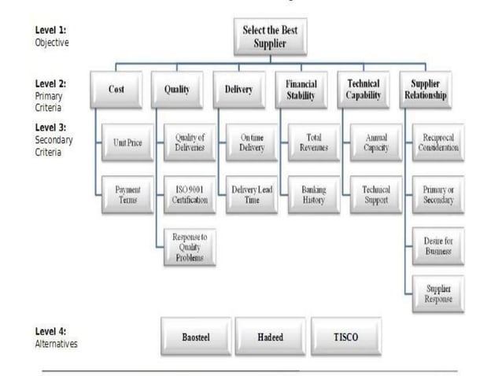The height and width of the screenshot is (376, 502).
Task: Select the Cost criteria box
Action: [x=116, y=90]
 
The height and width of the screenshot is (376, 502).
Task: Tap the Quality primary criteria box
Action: [x=176, y=90]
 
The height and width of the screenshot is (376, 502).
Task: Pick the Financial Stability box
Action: [x=301, y=90]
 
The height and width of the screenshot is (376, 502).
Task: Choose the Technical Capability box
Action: [x=364, y=90]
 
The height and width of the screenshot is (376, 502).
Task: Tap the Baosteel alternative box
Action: [x=195, y=336]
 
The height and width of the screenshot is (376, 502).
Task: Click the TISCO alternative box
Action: [x=346, y=336]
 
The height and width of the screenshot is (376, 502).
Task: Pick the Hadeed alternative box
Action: [x=271, y=336]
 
